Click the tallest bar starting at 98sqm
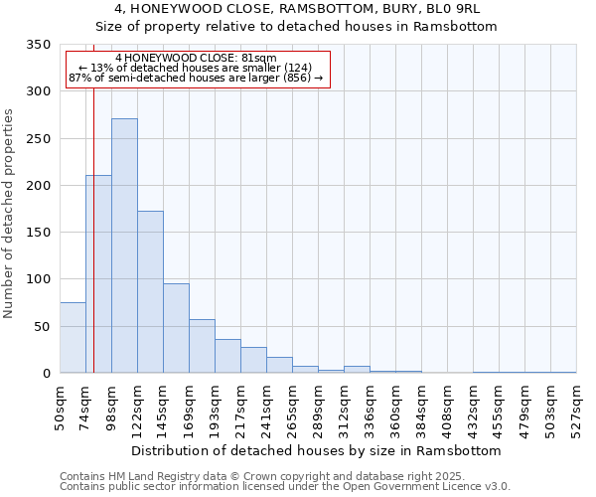coord(124,246)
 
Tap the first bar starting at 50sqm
coord(73,338)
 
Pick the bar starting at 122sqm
coord(150,292)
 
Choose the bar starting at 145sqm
coord(176,328)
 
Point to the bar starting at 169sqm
coord(202,346)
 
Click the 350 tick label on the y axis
coord(38,45)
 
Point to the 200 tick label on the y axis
coord(38,186)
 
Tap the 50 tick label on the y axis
coord(42,326)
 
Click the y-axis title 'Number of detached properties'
coord(9,214)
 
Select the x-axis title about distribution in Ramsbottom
coord(316,451)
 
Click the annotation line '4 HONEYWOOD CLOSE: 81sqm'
coord(196,58)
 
